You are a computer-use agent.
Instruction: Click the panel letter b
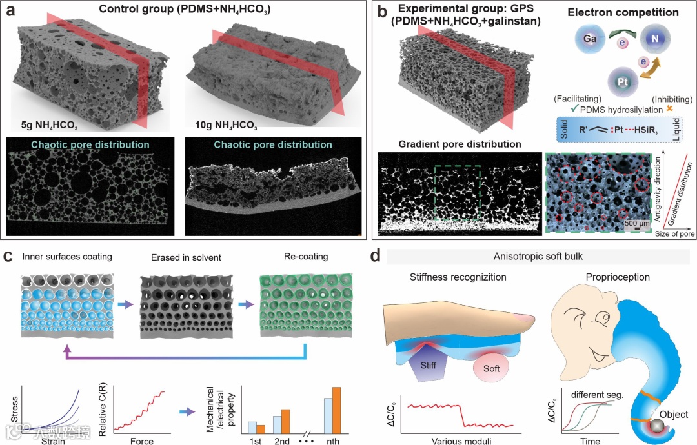(x=382, y=11)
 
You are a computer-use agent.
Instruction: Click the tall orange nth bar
(x=336, y=411)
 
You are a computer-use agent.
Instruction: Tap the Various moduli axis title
(x=458, y=441)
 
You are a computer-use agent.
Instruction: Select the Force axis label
(x=141, y=441)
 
